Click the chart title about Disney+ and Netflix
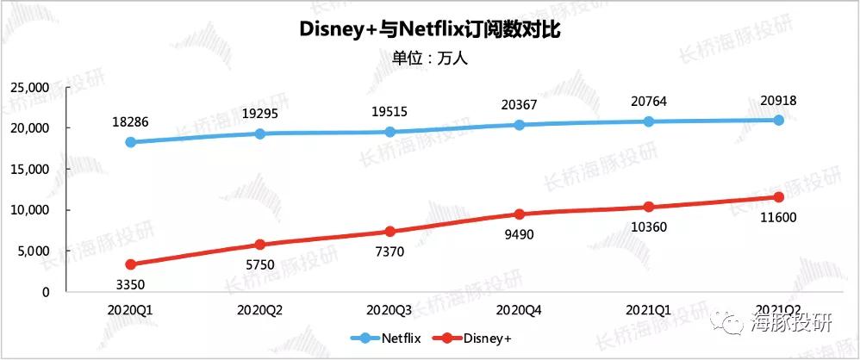point(429,30)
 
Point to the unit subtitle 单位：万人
point(429,59)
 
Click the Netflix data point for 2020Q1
point(130,142)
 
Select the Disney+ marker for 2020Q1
point(130,264)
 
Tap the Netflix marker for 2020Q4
point(519,125)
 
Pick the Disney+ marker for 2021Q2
point(778,197)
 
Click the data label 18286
point(130,121)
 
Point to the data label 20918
point(778,100)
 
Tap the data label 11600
point(778,217)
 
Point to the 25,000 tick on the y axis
point(28,88)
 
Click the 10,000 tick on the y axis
point(28,210)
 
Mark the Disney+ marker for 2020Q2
point(259,245)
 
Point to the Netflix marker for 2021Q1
point(649,121)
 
